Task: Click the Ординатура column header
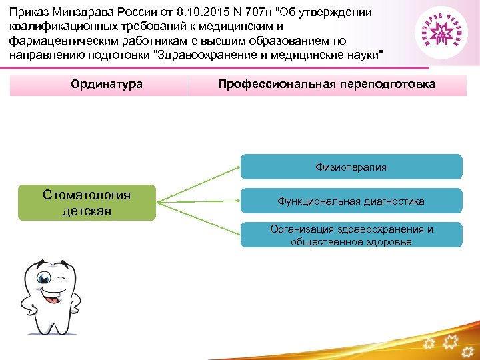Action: [x=98, y=85]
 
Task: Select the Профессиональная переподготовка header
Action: [x=326, y=85]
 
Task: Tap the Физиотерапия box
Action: [x=351, y=167]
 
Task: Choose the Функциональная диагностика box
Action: [x=351, y=201]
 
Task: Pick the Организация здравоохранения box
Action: [x=351, y=235]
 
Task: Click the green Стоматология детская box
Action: [x=87, y=203]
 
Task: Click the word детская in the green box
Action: [x=87, y=211]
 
